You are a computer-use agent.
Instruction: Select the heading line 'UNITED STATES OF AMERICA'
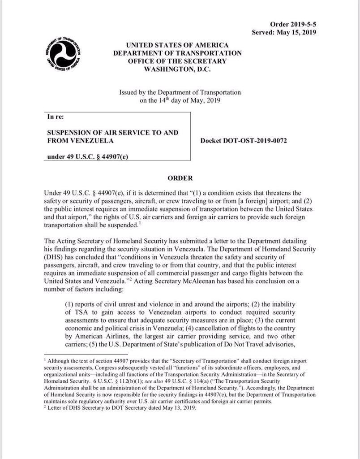[x=177, y=45]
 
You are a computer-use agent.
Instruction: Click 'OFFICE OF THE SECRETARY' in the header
[x=177, y=61]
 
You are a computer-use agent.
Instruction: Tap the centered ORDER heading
[x=180, y=178]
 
